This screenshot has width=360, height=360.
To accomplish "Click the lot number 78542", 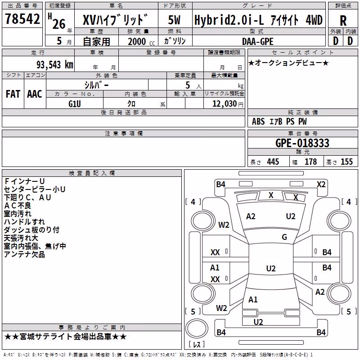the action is [x=22, y=19].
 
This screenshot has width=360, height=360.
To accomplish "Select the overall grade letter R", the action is [x=343, y=21].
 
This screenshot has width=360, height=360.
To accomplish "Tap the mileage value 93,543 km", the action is [x=55, y=65].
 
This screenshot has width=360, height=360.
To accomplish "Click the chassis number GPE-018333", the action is [x=302, y=143].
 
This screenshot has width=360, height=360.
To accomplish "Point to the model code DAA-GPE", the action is [x=258, y=41].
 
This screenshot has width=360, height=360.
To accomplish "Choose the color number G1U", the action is [x=75, y=104].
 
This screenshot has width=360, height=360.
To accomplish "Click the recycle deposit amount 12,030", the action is [x=225, y=103].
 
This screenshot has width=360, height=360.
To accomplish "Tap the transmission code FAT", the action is [x=13, y=94].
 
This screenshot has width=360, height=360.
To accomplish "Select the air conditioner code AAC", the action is [x=35, y=94].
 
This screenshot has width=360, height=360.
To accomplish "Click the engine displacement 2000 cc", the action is [x=141, y=41].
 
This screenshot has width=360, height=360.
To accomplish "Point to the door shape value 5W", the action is [x=174, y=20].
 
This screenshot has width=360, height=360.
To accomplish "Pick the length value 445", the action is [x=273, y=162].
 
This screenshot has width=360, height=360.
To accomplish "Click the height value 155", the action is [x=346, y=162].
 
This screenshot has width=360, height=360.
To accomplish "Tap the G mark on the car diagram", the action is [x=284, y=237].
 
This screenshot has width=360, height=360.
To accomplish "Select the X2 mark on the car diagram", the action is [x=321, y=184].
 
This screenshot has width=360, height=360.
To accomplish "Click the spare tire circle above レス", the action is [x=197, y=328].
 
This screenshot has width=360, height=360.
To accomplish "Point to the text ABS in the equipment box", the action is [x=258, y=121].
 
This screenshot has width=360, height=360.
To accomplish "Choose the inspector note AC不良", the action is [x=18, y=206].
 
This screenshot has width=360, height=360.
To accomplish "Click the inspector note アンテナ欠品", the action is [x=24, y=254].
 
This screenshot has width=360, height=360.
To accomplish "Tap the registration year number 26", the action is [x=59, y=24].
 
